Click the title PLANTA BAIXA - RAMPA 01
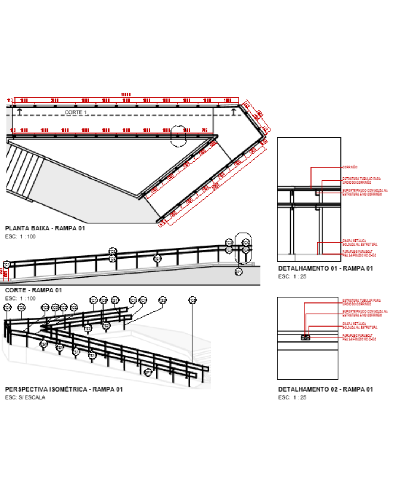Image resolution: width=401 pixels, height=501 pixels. (x=45, y=228)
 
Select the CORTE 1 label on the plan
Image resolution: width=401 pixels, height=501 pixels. (x=75, y=112)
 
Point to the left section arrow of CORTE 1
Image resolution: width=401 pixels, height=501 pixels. (x=20, y=111)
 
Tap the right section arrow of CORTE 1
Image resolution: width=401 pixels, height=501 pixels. (x=234, y=111)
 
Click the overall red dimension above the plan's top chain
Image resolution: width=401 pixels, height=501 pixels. (x=126, y=95)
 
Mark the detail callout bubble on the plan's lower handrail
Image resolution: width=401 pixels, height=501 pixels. (x=178, y=136)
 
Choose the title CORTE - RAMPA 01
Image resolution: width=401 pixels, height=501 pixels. (x=33, y=290)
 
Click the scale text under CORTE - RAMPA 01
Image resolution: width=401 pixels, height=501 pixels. (x=20, y=298)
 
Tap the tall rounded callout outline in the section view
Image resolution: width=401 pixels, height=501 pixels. (x=243, y=248)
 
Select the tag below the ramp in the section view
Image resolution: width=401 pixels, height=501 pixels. (x=239, y=272)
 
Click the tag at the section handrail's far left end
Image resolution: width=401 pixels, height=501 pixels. (x=6, y=265)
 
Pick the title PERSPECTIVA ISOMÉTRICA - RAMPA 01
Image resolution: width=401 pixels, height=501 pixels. (x=63, y=389)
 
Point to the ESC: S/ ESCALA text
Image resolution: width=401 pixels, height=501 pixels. (x=25, y=397)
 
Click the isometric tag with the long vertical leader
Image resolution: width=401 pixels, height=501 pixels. (x=192, y=300)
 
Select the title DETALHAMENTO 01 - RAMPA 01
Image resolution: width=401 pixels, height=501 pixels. (x=326, y=268)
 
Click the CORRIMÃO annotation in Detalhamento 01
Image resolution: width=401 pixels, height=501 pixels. (x=350, y=167)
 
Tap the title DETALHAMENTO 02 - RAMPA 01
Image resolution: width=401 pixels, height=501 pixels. (x=326, y=389)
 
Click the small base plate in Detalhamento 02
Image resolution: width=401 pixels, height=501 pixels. (x=305, y=338)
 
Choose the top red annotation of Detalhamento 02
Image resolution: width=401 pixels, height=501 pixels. (x=361, y=302)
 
